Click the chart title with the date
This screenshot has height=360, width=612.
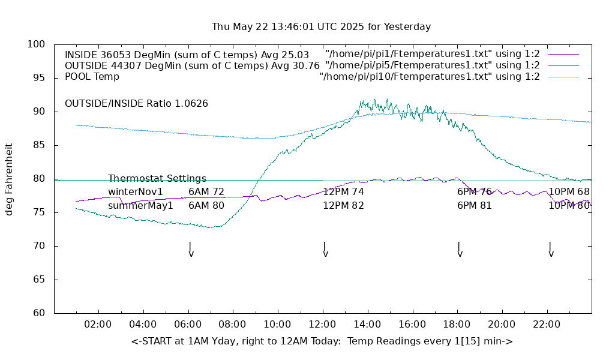click(x=321, y=27)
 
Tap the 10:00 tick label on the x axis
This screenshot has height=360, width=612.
click(x=278, y=325)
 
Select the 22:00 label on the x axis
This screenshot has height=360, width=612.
click(x=547, y=325)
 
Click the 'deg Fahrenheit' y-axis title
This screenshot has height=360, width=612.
click(x=10, y=179)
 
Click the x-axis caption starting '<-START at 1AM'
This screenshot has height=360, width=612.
click(x=322, y=341)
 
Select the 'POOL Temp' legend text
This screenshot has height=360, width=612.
click(x=92, y=77)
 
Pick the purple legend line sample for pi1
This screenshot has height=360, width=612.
click(x=563, y=54)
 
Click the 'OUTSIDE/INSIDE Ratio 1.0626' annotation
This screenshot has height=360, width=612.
click(x=136, y=104)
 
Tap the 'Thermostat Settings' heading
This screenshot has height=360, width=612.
click(x=157, y=179)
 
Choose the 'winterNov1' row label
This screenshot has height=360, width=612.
click(x=135, y=192)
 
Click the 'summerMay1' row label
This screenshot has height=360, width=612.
click(x=140, y=206)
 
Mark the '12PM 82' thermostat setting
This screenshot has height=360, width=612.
click(x=343, y=206)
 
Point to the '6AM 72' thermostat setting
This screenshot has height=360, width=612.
click(x=206, y=192)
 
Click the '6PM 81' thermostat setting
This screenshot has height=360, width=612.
click(x=474, y=206)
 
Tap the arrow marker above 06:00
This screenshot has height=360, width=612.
click(x=190, y=250)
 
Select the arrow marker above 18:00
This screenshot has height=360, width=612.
click(x=459, y=250)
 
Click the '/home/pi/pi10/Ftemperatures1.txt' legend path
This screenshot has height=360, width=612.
click(x=429, y=77)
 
